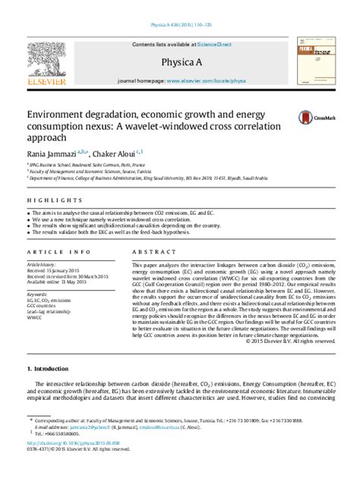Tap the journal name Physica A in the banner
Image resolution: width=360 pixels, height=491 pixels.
click(x=180, y=61)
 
